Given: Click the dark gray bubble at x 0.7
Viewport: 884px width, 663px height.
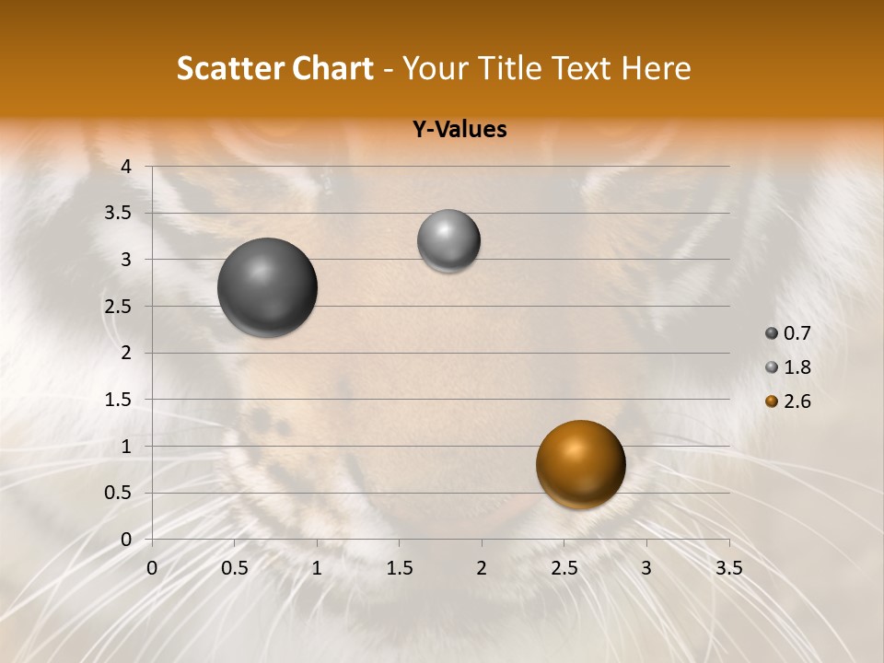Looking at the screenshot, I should point(267,287).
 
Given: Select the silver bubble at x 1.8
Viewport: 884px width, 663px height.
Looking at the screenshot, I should point(448,240).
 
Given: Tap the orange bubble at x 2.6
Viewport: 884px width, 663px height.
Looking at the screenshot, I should point(580,464).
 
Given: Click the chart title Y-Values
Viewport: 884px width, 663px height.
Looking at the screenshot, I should point(459,130).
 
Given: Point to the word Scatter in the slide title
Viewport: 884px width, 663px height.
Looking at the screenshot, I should point(229,69).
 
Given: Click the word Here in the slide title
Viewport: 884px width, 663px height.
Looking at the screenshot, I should point(656,69).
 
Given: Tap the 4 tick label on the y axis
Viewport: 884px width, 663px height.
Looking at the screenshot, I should point(127,167).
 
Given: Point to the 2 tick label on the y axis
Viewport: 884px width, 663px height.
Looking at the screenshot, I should point(127,353).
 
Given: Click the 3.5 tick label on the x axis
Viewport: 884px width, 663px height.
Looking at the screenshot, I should point(728,568).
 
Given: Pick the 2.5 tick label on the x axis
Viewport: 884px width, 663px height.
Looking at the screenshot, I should point(564,568).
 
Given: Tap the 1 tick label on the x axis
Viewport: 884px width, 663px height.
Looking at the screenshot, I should point(317,568).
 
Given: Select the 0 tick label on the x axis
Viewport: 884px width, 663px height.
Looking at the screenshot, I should point(152,568).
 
